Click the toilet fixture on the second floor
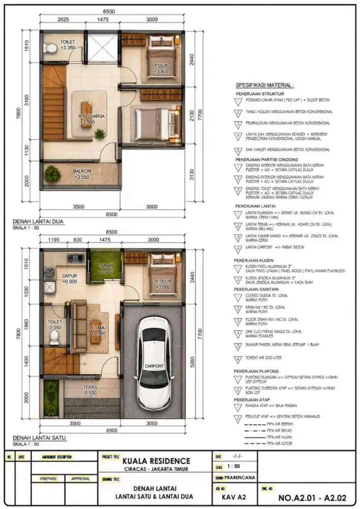50,49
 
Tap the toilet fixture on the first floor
57,338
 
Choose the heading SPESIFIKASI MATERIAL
264,85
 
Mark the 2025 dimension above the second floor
64,20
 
